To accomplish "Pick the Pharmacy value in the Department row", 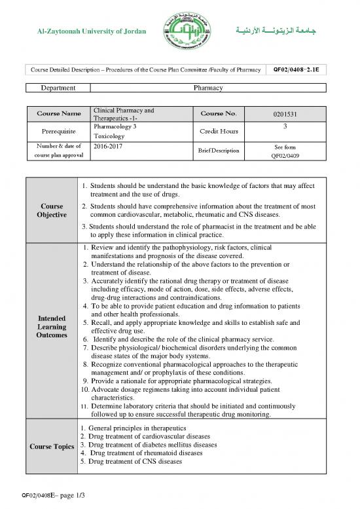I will [x=209, y=87].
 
